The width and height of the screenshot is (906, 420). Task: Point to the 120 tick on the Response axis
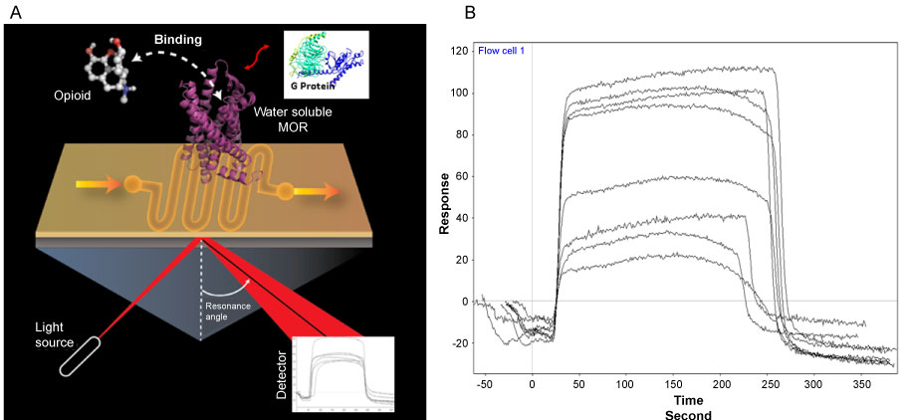(459, 50)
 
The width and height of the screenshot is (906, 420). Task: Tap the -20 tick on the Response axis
(459, 342)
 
